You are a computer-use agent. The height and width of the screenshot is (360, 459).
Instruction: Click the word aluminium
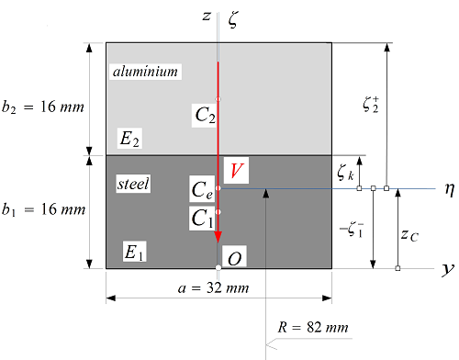tap(144, 72)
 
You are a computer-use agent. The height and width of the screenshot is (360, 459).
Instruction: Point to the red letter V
tap(238, 171)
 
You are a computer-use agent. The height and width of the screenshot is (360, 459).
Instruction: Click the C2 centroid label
tap(205, 116)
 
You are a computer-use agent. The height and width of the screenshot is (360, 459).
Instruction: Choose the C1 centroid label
tap(203, 219)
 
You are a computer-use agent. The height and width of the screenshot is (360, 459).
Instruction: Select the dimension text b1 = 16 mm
tap(42, 210)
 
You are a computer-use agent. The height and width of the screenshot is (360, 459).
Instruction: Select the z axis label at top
tap(207, 17)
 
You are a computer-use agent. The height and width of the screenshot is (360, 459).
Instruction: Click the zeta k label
tap(345, 170)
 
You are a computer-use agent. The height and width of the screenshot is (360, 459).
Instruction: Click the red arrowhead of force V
tap(218, 237)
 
